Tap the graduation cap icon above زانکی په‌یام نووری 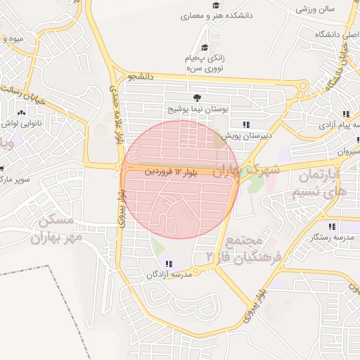click(205, 47)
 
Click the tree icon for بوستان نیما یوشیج click(195, 98)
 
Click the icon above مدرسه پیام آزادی click(345, 115)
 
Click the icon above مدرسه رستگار click(332, 226)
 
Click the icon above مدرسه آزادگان click(167, 264)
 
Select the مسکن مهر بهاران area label click(55, 229)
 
